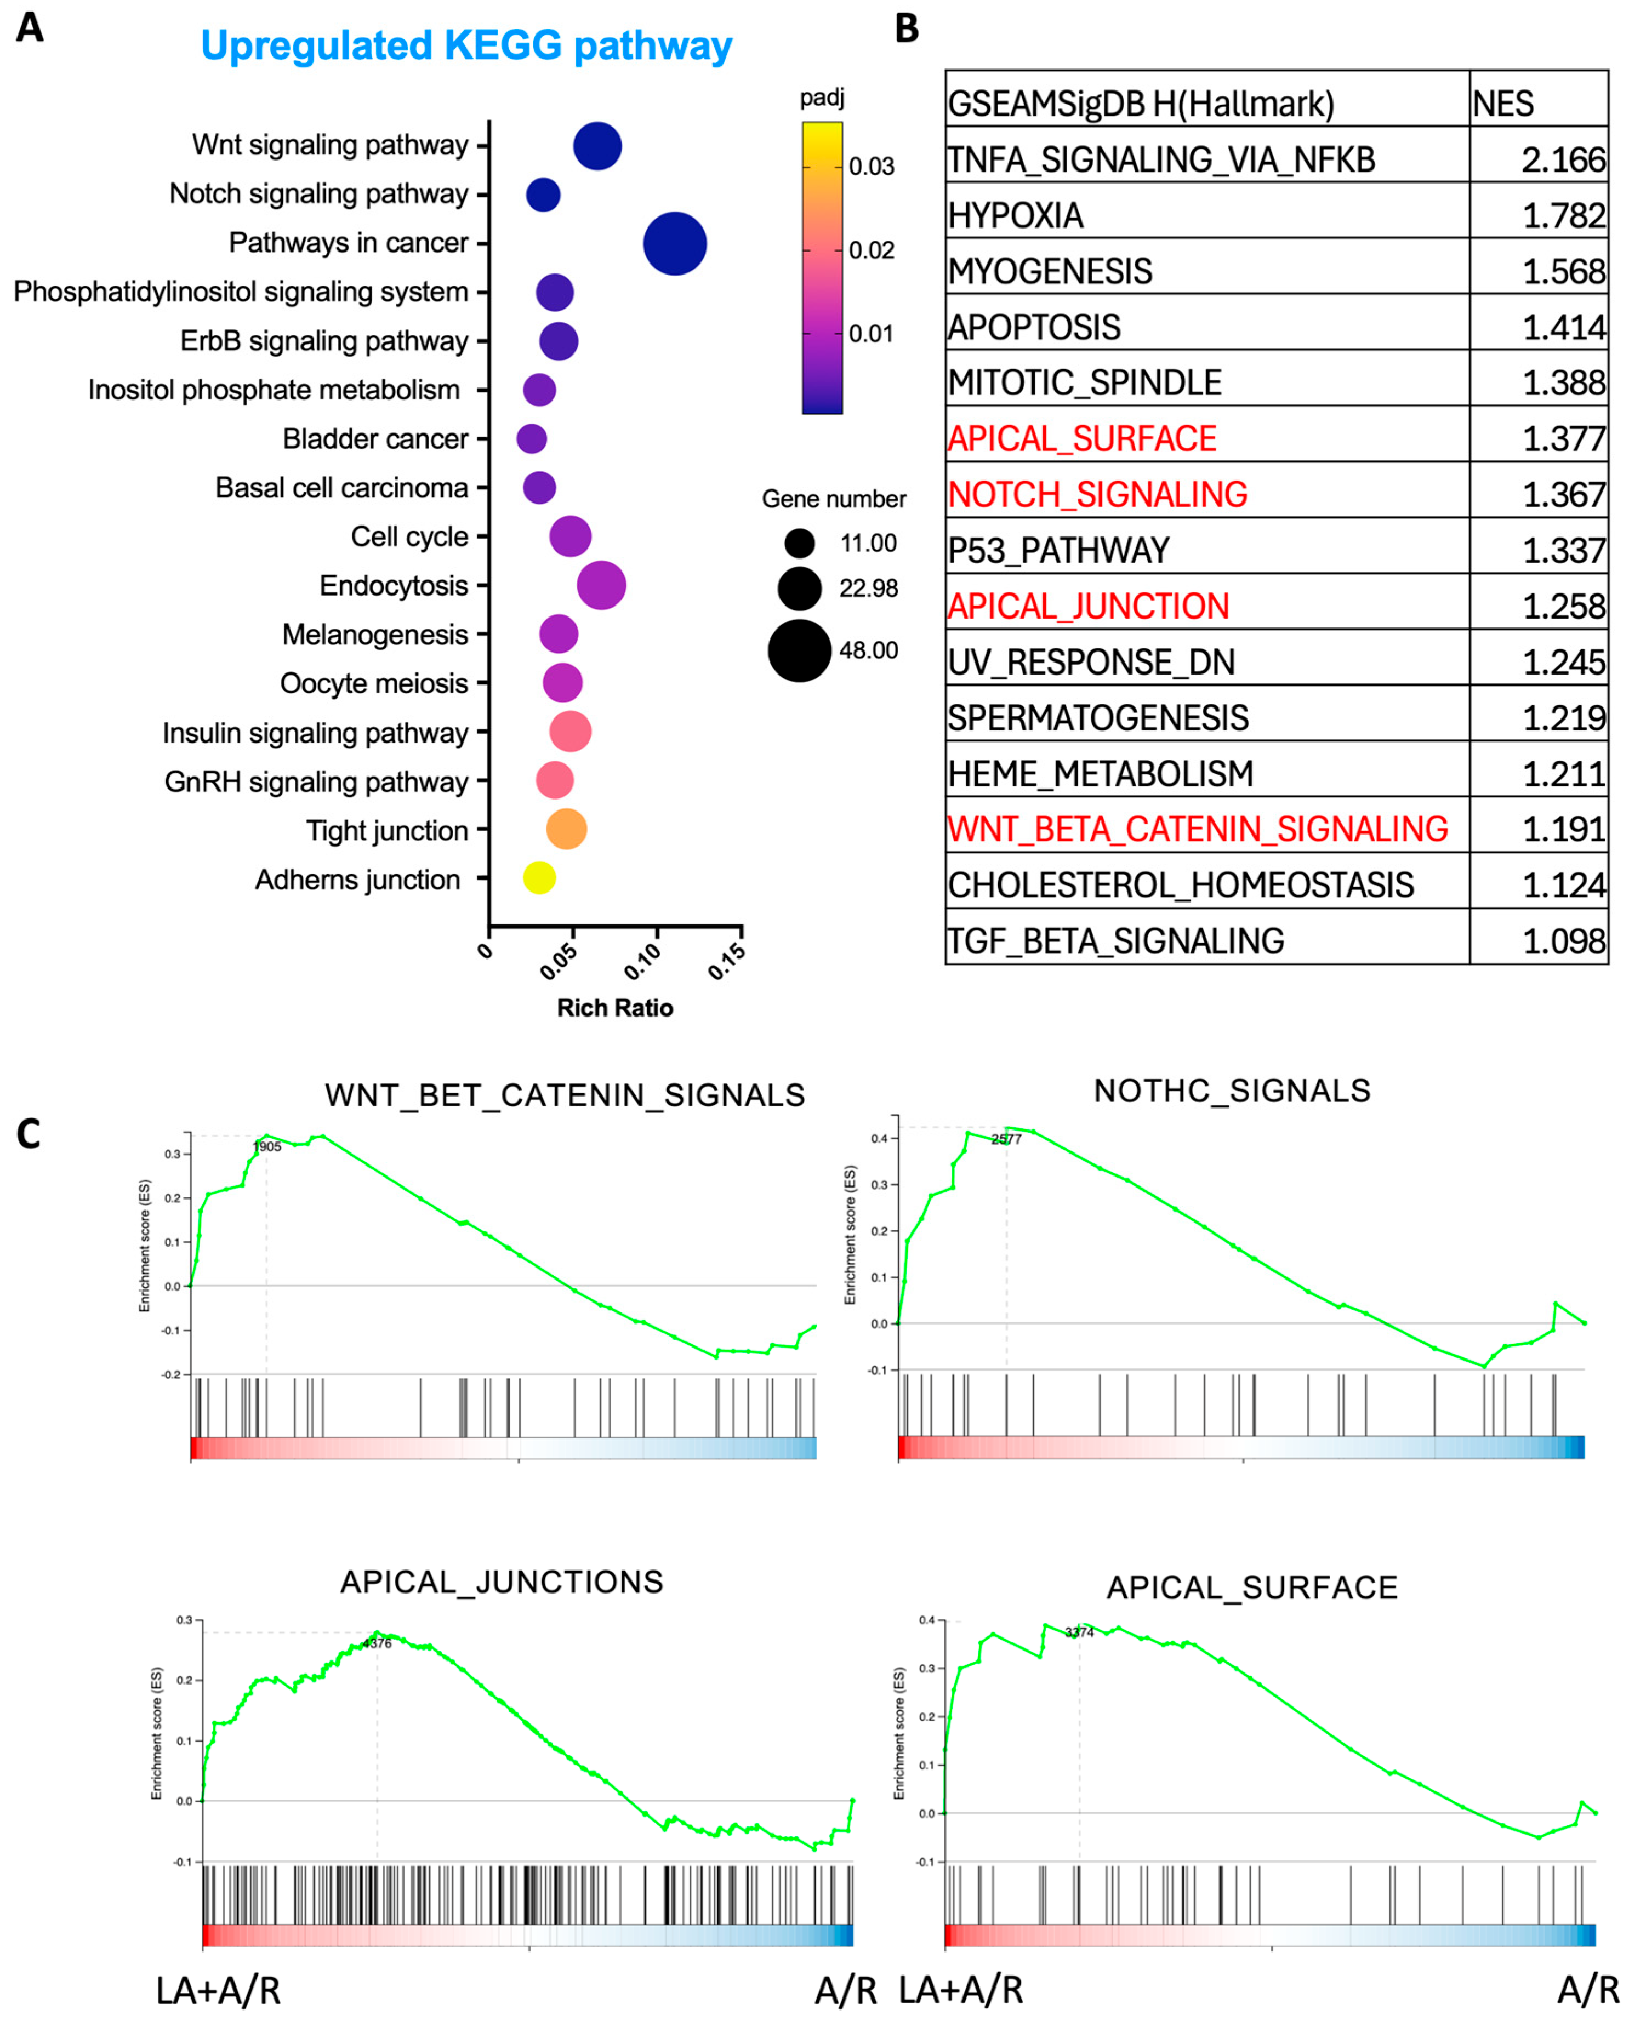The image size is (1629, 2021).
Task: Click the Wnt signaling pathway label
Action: (331, 145)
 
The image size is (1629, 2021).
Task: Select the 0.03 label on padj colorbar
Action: (871, 167)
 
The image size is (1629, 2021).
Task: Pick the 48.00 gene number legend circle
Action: (800, 650)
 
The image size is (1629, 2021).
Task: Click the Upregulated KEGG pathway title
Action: (466, 46)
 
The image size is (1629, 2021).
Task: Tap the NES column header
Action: (1503, 103)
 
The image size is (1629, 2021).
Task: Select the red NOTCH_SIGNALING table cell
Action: (1098, 494)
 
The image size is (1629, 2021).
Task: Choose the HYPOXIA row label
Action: (1016, 216)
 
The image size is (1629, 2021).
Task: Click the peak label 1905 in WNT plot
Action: (267, 1146)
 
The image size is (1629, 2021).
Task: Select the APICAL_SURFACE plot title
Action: (1252, 1588)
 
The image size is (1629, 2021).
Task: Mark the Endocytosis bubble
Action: (601, 585)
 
